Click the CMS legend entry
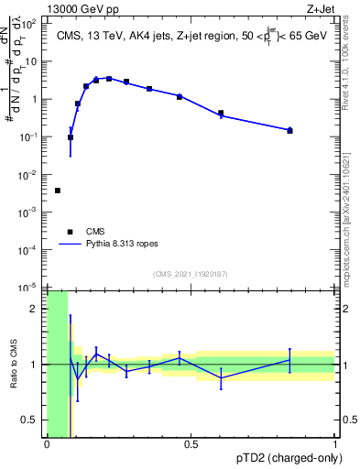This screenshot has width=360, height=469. pos(95,232)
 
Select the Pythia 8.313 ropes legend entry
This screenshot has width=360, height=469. pos(120,245)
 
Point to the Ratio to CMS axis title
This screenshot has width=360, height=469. pos(13,364)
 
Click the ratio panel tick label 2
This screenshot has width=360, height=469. pos(38,309)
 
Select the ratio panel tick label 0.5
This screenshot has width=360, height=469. pos(33,420)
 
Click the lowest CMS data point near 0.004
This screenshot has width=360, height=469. pos(58,191)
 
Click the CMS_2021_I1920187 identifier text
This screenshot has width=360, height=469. pos(191,274)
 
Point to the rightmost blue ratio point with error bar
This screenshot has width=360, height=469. pos(290,360)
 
